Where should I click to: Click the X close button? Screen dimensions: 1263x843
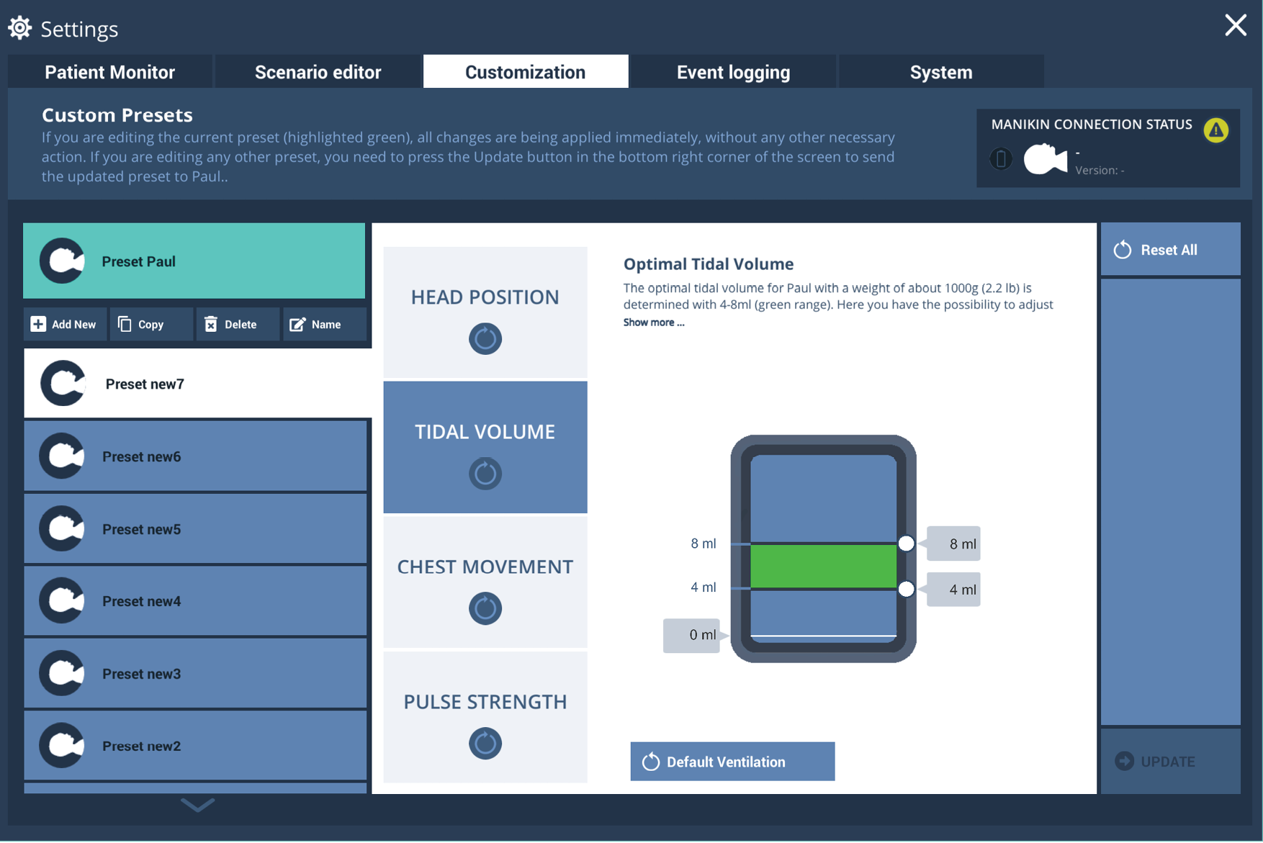(x=1236, y=26)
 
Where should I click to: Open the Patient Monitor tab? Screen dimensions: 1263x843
(x=110, y=72)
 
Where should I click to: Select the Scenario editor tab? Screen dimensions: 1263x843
(x=318, y=72)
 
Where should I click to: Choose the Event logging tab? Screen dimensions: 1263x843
(x=733, y=72)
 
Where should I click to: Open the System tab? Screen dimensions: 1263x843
(x=941, y=72)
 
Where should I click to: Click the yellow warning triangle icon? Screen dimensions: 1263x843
(x=1216, y=130)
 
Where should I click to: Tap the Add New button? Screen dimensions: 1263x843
(x=65, y=325)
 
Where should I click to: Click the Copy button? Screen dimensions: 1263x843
(x=151, y=325)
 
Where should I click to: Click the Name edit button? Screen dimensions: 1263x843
(x=324, y=325)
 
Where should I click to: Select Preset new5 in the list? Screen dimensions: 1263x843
(x=195, y=529)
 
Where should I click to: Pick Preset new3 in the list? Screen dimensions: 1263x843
(x=195, y=674)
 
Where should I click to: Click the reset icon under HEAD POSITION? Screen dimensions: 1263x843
(x=485, y=338)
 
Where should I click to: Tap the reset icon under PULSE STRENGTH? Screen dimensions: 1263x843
(x=485, y=743)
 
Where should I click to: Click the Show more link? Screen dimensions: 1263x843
(x=654, y=323)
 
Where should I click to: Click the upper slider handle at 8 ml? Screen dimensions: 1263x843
(x=907, y=544)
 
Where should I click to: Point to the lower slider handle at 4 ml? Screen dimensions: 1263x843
(x=907, y=590)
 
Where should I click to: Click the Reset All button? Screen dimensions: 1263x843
(x=1170, y=250)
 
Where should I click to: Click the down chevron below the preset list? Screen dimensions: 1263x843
(x=197, y=805)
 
